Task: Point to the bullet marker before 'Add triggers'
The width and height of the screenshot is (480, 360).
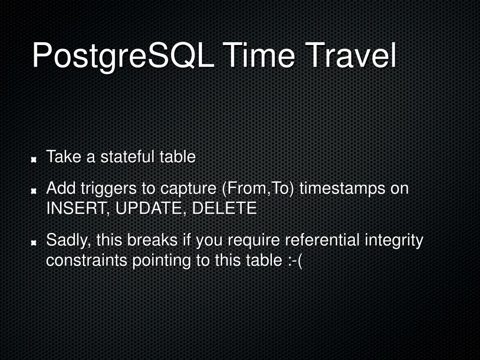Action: (x=34, y=191)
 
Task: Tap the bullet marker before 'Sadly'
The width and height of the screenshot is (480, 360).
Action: (x=34, y=243)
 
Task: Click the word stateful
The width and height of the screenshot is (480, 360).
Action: (x=127, y=157)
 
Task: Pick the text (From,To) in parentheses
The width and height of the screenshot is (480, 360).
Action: (x=257, y=189)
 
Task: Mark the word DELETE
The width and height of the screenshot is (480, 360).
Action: (x=224, y=208)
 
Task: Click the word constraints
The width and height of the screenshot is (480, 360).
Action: (x=87, y=260)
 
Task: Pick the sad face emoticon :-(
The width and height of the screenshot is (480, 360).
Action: (x=294, y=261)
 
